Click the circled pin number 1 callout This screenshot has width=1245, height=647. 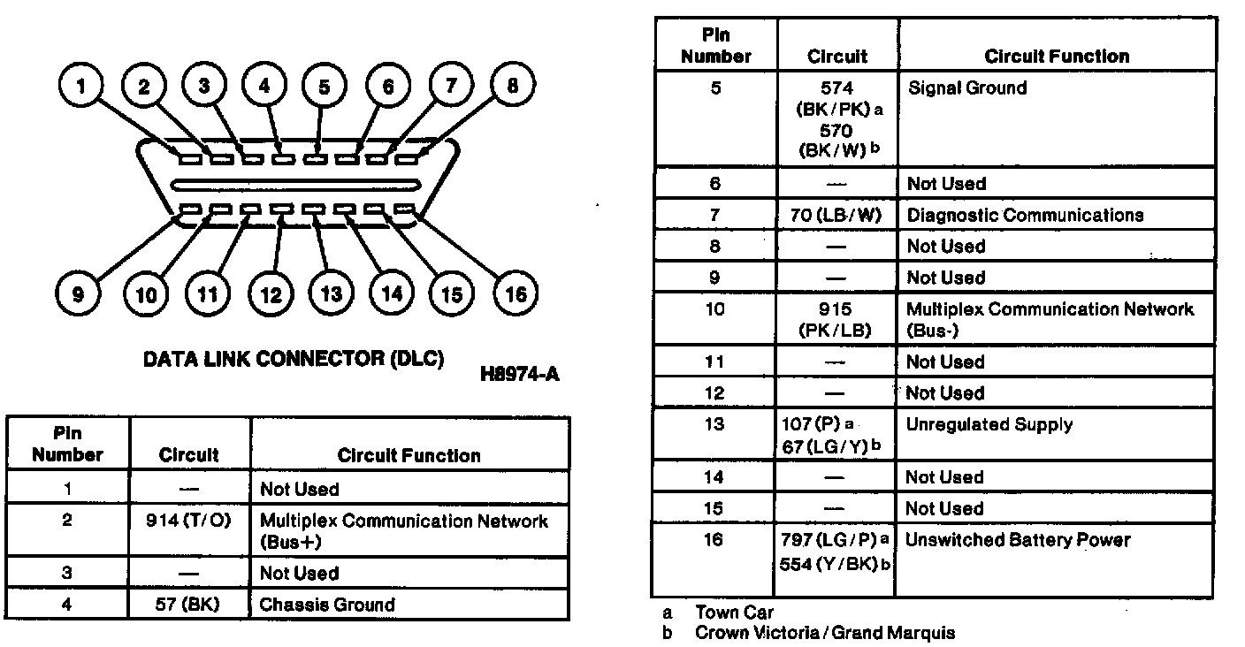coord(81,87)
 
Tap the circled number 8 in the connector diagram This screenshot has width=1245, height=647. coord(513,87)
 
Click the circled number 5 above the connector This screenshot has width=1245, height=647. coord(324,87)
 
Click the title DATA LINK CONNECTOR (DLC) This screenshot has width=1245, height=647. coord(294,360)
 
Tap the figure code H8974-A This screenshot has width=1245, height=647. coord(520,374)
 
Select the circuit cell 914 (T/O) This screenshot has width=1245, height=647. coord(188,521)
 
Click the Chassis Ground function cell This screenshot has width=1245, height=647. coord(327,605)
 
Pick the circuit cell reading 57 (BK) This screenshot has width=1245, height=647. coord(188,605)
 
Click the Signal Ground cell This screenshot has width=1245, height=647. coord(967,88)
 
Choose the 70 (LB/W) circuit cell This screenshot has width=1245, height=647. coord(836,215)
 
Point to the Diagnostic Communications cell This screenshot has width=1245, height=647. coord(1025,215)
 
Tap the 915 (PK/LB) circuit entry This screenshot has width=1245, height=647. coord(836,320)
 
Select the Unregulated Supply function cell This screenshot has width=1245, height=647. coord(989,424)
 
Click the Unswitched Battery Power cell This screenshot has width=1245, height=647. coord(1018,539)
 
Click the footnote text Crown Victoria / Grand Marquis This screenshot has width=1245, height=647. coord(824,632)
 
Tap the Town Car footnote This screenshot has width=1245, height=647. coord(734,612)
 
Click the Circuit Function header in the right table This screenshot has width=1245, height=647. coord(1057,57)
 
